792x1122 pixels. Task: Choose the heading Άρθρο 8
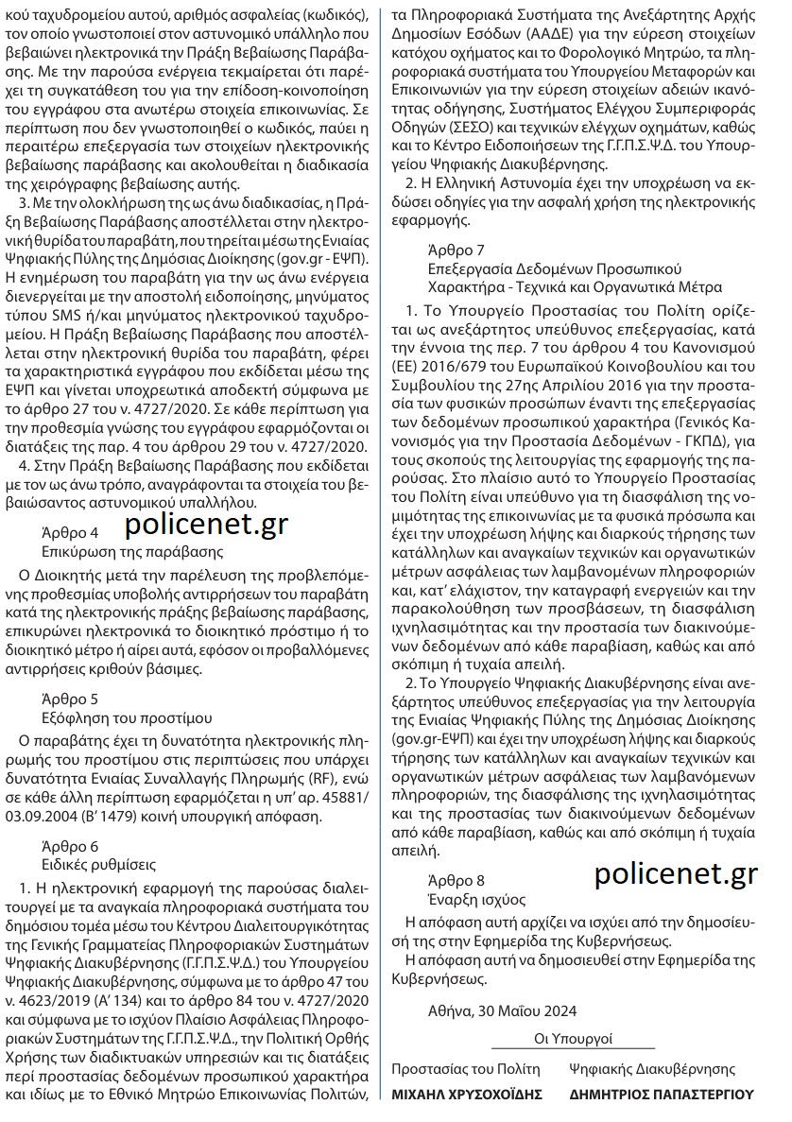click(456, 879)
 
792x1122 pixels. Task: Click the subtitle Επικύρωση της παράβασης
click(119, 551)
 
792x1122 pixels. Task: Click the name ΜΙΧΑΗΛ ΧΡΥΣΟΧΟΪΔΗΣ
click(467, 1095)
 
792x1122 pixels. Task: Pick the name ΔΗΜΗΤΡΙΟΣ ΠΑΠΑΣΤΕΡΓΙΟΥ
click(662, 1095)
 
